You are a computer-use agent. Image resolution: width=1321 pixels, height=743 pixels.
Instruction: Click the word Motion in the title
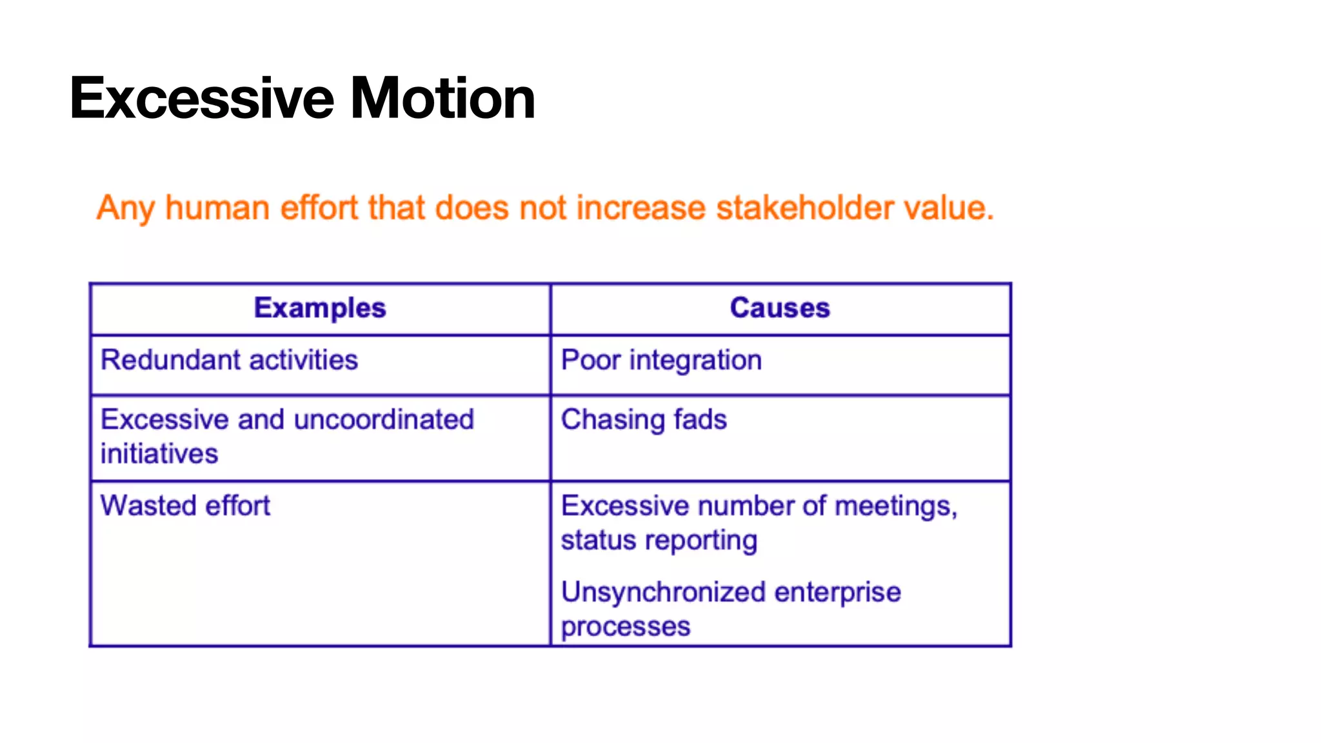coord(442,99)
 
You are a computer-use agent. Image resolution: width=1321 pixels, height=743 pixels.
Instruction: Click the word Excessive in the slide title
coord(202,99)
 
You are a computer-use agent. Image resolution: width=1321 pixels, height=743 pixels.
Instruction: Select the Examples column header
coord(320,308)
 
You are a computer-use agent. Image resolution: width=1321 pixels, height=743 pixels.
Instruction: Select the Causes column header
coord(780,308)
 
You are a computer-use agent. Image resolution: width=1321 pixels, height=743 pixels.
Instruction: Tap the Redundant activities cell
coord(229,360)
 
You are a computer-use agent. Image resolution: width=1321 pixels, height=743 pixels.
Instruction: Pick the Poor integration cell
coord(661,360)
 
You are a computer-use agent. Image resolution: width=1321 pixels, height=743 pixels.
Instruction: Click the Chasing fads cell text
coord(644,420)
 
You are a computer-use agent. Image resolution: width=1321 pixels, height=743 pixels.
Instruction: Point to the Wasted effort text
coord(185,506)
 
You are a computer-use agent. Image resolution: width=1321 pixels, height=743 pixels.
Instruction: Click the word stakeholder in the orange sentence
coord(804,208)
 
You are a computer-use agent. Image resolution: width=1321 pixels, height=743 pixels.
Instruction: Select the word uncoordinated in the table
coord(384,420)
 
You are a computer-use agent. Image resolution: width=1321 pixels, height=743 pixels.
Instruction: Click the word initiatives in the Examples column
coord(159,454)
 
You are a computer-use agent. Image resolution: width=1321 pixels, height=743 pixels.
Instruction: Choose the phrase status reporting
coord(659,540)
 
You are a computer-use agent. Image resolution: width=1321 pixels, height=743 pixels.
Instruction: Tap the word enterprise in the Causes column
coord(837,592)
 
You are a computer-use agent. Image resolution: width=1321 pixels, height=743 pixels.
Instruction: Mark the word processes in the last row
coord(625,627)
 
